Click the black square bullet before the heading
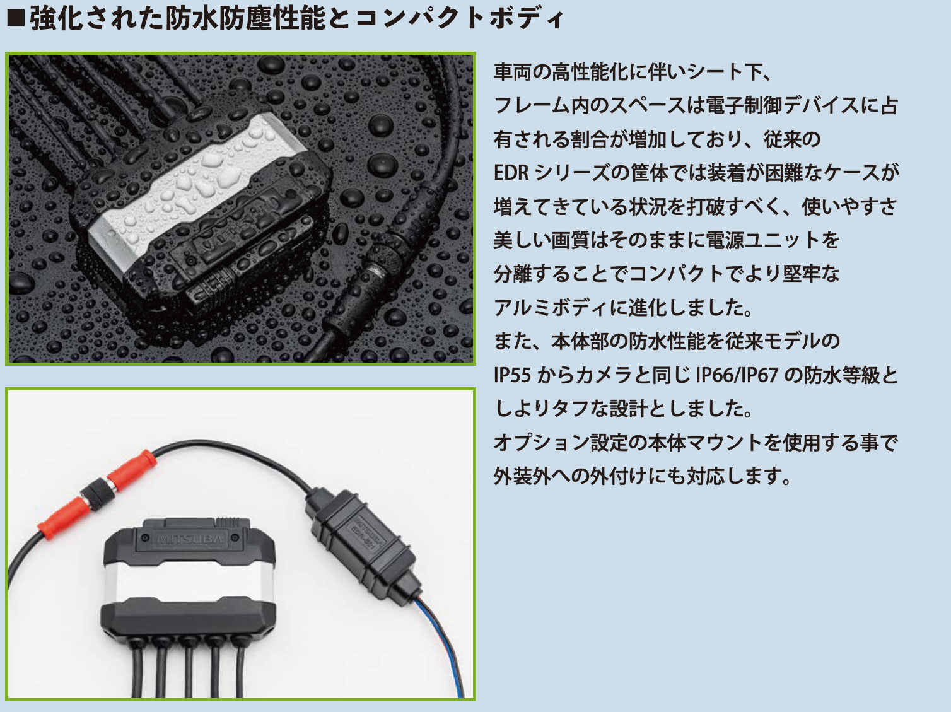(15, 18)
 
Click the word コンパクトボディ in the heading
(459, 18)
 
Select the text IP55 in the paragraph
(513, 375)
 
